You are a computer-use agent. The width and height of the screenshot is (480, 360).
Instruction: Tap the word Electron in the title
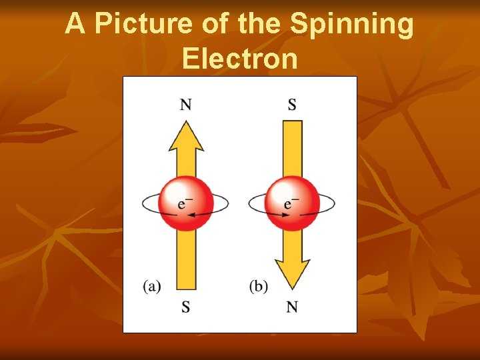[x=239, y=59]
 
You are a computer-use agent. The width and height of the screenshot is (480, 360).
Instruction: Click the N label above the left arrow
[x=186, y=104]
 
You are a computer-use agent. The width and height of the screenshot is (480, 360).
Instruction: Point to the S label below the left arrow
[x=186, y=307]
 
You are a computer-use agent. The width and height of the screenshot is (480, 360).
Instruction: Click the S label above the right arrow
[x=292, y=104]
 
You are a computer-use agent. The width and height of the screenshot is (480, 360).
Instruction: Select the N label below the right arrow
[x=292, y=307]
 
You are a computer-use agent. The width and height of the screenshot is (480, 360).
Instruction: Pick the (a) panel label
[x=152, y=287]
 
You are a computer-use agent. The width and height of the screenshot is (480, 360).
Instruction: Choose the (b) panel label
[x=259, y=287]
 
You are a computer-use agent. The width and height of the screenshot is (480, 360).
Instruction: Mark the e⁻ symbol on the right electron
[x=291, y=203]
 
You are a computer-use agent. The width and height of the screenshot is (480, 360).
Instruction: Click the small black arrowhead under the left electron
[x=191, y=215]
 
